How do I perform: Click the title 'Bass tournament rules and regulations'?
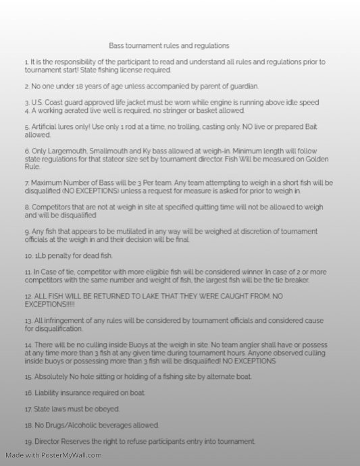tap(169, 46)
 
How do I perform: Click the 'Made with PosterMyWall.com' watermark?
tap(53, 455)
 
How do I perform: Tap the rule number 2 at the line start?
tap(26, 86)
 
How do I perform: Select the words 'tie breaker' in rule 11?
tap(289, 280)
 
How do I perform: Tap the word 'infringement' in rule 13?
tap(64, 321)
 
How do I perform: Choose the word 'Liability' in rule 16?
tap(48, 393)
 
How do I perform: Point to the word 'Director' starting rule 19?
tap(49, 442)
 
